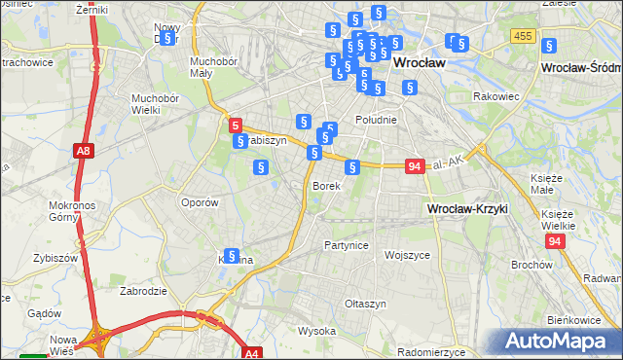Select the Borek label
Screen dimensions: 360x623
coord(325,185)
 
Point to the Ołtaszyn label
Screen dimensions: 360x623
coord(366,304)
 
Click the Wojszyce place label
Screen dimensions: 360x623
coord(407,255)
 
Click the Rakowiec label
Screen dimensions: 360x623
coord(495,96)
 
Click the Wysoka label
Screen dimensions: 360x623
coord(316,331)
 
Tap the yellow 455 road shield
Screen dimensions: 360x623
coord(523,36)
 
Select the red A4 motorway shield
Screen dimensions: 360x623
coord(252,353)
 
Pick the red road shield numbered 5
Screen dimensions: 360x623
coord(235,125)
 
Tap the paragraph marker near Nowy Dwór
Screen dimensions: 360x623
coord(167,38)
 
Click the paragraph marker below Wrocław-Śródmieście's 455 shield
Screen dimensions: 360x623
coord(548,45)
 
